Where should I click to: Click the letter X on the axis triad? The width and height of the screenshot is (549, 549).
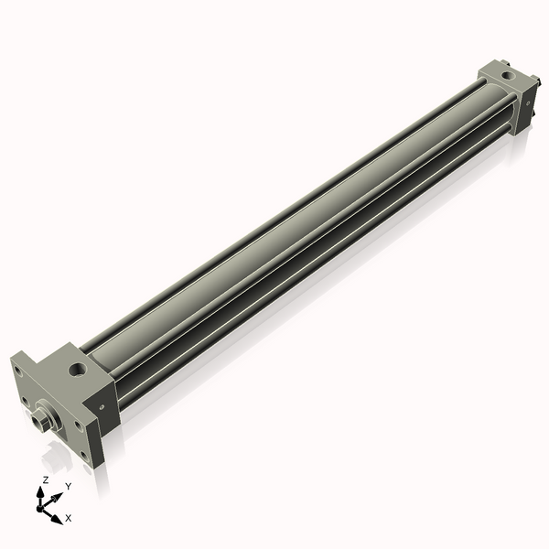69,518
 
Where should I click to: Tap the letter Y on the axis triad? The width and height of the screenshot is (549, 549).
68,486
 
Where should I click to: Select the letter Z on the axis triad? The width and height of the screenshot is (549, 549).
45,479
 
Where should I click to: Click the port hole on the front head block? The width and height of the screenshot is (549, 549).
76,370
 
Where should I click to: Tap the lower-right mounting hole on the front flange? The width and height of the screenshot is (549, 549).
88,455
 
